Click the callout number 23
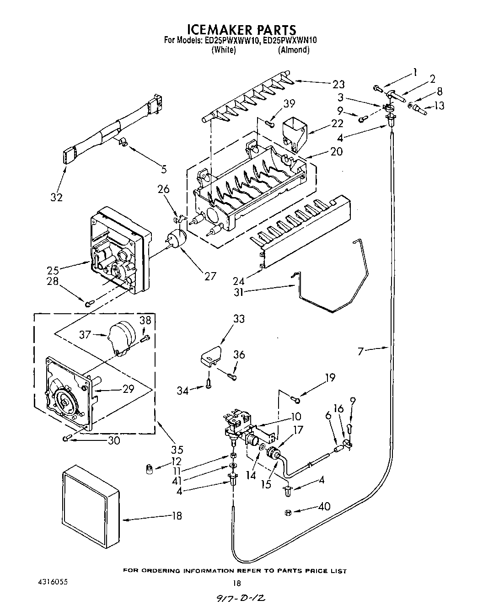339,84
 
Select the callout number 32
57,197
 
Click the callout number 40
324,507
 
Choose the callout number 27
210,276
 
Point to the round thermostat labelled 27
176,239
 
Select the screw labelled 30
67,439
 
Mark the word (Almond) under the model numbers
293,50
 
